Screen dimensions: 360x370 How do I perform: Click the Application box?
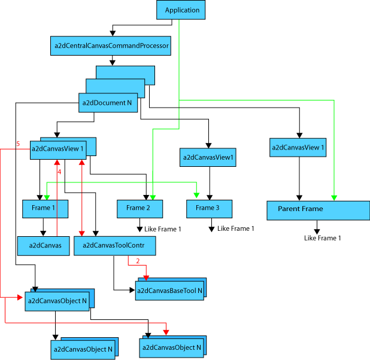click(181, 10)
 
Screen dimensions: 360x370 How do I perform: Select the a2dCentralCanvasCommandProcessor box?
click(111, 46)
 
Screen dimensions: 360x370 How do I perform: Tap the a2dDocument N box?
click(108, 102)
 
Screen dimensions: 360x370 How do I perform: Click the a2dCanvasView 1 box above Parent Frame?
click(298, 147)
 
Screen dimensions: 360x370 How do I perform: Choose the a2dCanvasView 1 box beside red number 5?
click(57, 149)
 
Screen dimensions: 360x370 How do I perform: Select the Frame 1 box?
click(45, 208)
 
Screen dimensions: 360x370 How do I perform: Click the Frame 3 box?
click(209, 208)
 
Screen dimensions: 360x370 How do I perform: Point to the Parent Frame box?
click(318, 209)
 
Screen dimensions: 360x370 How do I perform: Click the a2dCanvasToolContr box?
click(114, 246)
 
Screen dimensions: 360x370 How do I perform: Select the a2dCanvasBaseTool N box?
click(170, 291)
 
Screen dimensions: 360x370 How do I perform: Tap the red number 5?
click(18, 144)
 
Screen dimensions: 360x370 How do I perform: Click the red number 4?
click(59, 172)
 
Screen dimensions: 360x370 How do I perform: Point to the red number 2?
click(137, 261)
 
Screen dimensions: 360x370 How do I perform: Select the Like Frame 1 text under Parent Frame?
click(323, 238)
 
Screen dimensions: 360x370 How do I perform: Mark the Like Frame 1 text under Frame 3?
click(235, 228)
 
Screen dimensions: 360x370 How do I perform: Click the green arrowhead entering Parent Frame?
click(334, 197)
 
